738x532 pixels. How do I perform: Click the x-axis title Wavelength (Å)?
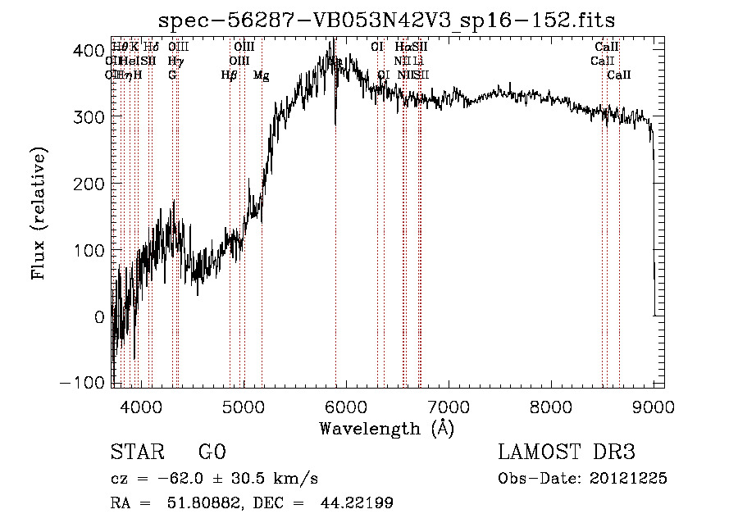point(386,428)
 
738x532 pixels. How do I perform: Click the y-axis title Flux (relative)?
point(39,212)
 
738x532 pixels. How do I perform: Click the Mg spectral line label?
point(261,75)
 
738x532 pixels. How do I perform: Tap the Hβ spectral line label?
point(229,75)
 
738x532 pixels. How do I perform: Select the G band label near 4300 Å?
point(172,75)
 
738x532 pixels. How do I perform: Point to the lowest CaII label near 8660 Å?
point(619,75)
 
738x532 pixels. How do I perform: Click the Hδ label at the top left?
point(151,48)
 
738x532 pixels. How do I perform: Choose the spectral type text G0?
point(212,452)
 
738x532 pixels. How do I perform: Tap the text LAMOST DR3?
point(567,452)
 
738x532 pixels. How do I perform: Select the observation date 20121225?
point(631,479)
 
